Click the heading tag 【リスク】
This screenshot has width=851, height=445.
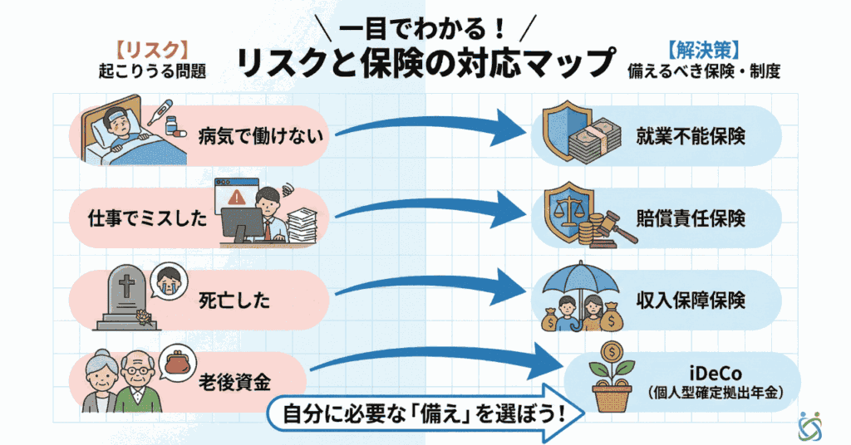click(149, 49)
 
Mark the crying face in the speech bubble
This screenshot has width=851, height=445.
click(171, 277)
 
